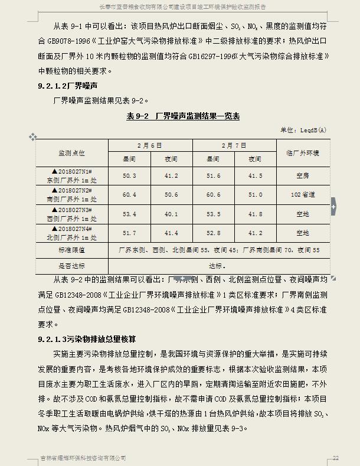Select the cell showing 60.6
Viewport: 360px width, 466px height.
pos(212,194)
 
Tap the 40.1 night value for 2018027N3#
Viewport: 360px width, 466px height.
pos(171,214)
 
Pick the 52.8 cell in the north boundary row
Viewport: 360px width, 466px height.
pos(212,233)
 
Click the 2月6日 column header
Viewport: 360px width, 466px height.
pos(150,145)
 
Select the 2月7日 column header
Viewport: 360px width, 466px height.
pos(234,145)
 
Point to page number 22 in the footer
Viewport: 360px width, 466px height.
pos(335,458)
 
